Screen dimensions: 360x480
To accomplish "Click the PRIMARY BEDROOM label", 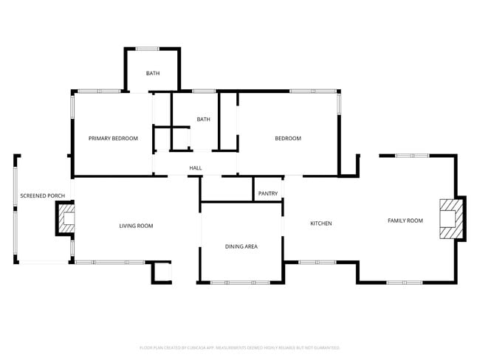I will pos(113,139).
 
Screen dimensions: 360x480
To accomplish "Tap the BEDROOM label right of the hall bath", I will pos(288,139).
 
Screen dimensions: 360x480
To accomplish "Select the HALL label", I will pos(196,168).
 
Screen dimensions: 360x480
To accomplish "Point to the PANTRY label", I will pos(268,194).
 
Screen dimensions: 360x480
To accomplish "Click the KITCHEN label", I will pos(320,224).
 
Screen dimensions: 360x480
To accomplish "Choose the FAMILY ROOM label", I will pos(405,221).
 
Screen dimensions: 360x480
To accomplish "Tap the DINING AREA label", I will pos(241,246).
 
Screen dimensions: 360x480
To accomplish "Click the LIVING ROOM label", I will pos(136,226).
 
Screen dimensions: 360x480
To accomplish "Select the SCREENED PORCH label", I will pos(42,196).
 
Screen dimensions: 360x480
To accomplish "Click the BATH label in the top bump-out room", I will pos(152,73).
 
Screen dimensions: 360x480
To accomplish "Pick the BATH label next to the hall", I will pos(203,120).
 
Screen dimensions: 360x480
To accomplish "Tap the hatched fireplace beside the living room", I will pos(67,218).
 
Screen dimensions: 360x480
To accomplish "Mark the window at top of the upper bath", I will pos(146,49).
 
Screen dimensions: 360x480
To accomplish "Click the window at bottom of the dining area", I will pos(240,282).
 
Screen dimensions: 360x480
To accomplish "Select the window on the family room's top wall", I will pos(412,156).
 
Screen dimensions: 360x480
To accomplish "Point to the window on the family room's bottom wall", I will pos(405,282).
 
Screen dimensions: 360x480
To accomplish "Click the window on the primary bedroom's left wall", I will pos(72,108).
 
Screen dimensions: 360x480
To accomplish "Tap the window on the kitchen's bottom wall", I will pos(318,262).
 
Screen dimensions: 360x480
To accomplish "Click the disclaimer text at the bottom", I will pos(239,347).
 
